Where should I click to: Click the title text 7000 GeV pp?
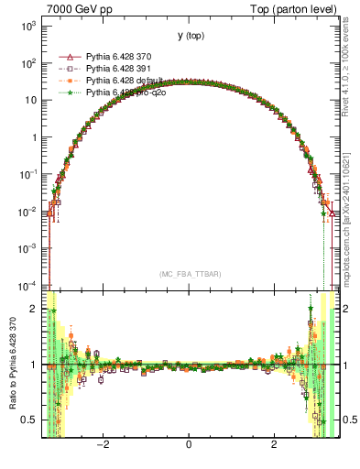coord(74,8)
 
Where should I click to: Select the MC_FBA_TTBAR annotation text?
coord(190,274)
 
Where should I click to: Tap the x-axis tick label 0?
coord(189,444)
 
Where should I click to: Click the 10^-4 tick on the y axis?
coord(28,285)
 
